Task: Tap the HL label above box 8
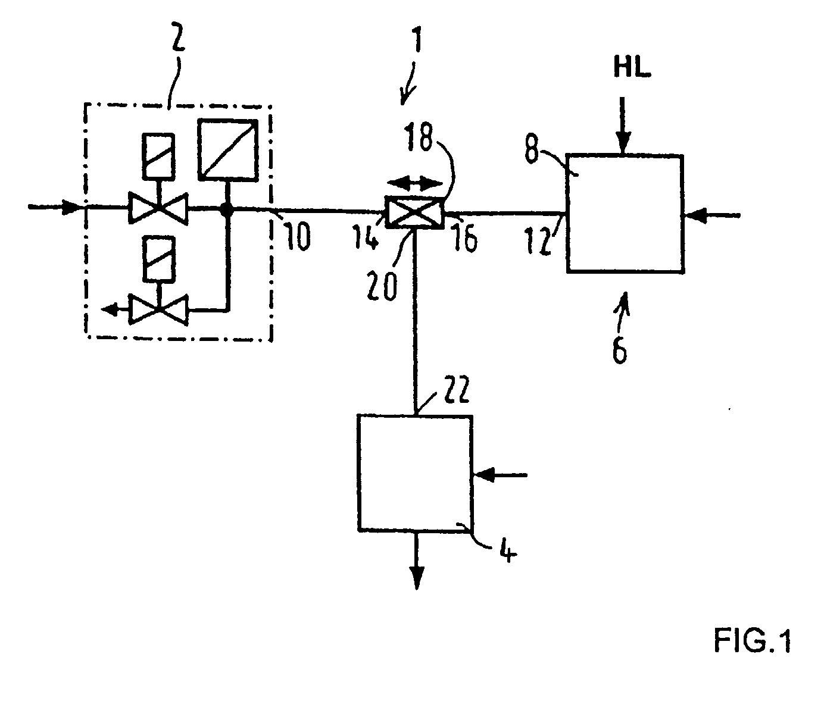point(632,68)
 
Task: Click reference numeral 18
point(417,137)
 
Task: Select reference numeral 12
point(539,240)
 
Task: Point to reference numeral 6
point(620,348)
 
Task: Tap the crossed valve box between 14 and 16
point(414,212)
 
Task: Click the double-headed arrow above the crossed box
point(414,184)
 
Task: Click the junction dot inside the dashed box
point(227,208)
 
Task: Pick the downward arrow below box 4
point(417,559)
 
